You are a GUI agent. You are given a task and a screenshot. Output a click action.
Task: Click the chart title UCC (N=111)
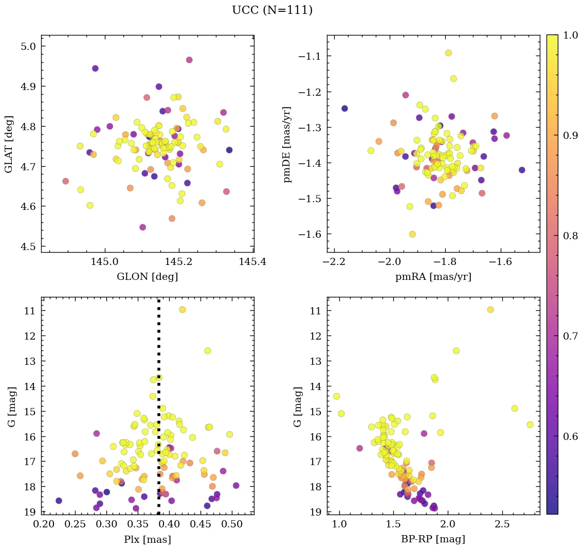tap(272, 10)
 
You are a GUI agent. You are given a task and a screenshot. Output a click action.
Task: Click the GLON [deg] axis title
tap(148, 277)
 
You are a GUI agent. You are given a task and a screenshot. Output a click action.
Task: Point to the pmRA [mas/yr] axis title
tap(433, 277)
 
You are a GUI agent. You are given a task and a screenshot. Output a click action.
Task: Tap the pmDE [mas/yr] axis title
tap(287, 144)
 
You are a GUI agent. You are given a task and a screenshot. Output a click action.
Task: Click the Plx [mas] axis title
tap(148, 540)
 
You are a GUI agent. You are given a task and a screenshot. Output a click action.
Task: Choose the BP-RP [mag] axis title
tap(433, 540)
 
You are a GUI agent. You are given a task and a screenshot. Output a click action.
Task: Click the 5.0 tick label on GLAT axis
tap(29, 46)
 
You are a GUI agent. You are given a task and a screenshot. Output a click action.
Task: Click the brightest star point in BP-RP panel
tap(490, 310)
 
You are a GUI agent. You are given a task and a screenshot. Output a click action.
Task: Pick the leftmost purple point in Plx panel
tap(59, 501)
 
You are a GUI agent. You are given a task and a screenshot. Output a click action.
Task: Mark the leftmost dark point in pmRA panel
tap(344, 109)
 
